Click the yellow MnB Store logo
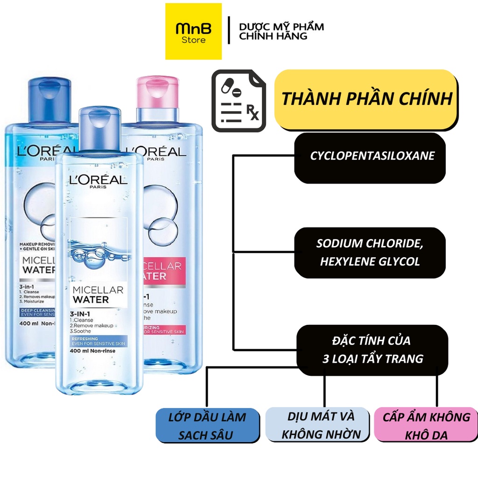(x=194, y=31)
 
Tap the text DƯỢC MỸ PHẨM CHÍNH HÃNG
(x=281, y=31)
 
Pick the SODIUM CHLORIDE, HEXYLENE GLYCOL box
(x=370, y=253)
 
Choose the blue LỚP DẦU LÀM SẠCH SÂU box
(x=207, y=425)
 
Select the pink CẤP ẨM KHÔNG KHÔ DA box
(x=426, y=425)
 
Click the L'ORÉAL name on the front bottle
(x=98, y=180)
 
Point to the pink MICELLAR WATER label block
(x=161, y=271)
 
